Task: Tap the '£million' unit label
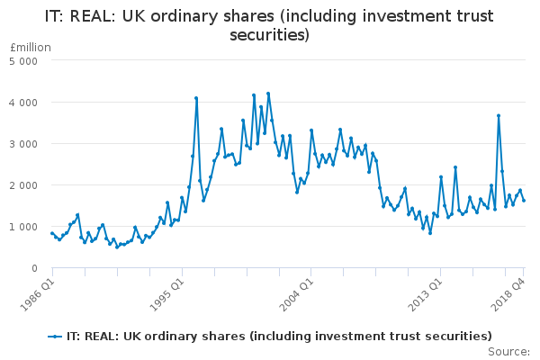[x=31, y=48]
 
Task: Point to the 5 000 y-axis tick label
[x=23, y=61]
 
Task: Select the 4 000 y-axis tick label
[x=23, y=103]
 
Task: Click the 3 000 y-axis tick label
[x=23, y=144]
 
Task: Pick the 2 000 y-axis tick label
[x=23, y=185]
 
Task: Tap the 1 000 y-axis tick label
[x=23, y=227]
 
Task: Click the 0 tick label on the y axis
[x=33, y=268]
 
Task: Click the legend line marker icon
[x=56, y=336]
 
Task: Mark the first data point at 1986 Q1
[x=52, y=233]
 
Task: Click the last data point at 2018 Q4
[x=524, y=200]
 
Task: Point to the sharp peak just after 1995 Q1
[x=196, y=98]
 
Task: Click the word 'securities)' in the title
[x=270, y=35]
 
